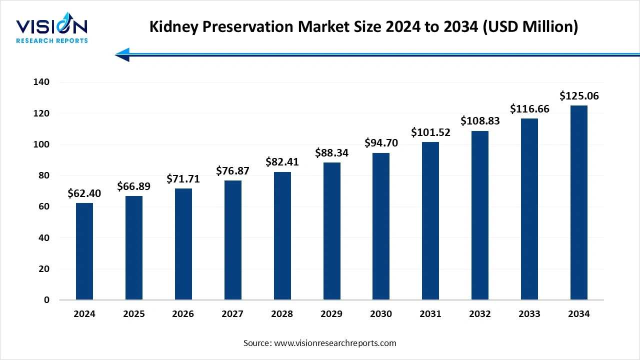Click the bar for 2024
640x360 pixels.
click(x=84, y=251)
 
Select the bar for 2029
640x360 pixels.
click(x=331, y=231)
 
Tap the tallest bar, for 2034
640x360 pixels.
click(x=578, y=202)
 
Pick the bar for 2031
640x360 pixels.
click(x=430, y=221)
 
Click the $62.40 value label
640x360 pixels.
click(x=84, y=193)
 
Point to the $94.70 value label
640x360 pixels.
click(x=381, y=143)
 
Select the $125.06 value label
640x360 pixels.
click(x=579, y=95)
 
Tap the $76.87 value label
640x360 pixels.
click(x=232, y=171)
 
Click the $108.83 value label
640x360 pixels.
click(x=479, y=121)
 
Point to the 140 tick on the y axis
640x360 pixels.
click(x=42, y=82)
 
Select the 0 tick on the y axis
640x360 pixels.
click(x=47, y=300)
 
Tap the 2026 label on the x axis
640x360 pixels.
click(x=183, y=314)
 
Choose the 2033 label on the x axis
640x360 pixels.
click(x=529, y=314)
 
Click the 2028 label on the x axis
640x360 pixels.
click(x=282, y=314)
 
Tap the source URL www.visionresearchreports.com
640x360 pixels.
click(x=335, y=343)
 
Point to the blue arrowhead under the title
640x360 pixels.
click(x=122, y=54)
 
